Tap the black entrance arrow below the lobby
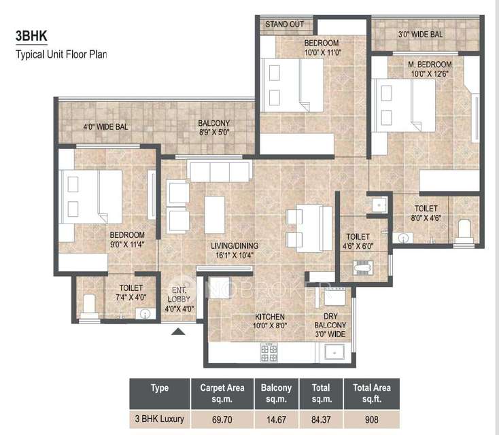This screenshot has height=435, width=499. click(x=177, y=332)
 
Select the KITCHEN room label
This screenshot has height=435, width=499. click(x=270, y=317)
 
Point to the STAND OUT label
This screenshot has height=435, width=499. click(x=284, y=24)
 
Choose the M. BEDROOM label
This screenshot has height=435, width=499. click(x=430, y=65)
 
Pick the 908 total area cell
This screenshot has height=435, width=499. click(x=371, y=419)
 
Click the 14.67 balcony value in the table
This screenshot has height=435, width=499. click(x=276, y=419)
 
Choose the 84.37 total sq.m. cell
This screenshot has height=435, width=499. click(x=321, y=419)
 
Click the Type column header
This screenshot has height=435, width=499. click(x=160, y=388)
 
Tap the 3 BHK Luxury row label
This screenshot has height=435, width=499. click(x=160, y=419)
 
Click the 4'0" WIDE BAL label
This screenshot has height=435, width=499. click(x=105, y=126)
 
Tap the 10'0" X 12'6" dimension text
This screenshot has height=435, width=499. click(x=430, y=73)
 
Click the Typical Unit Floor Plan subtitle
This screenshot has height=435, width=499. click(x=62, y=52)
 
